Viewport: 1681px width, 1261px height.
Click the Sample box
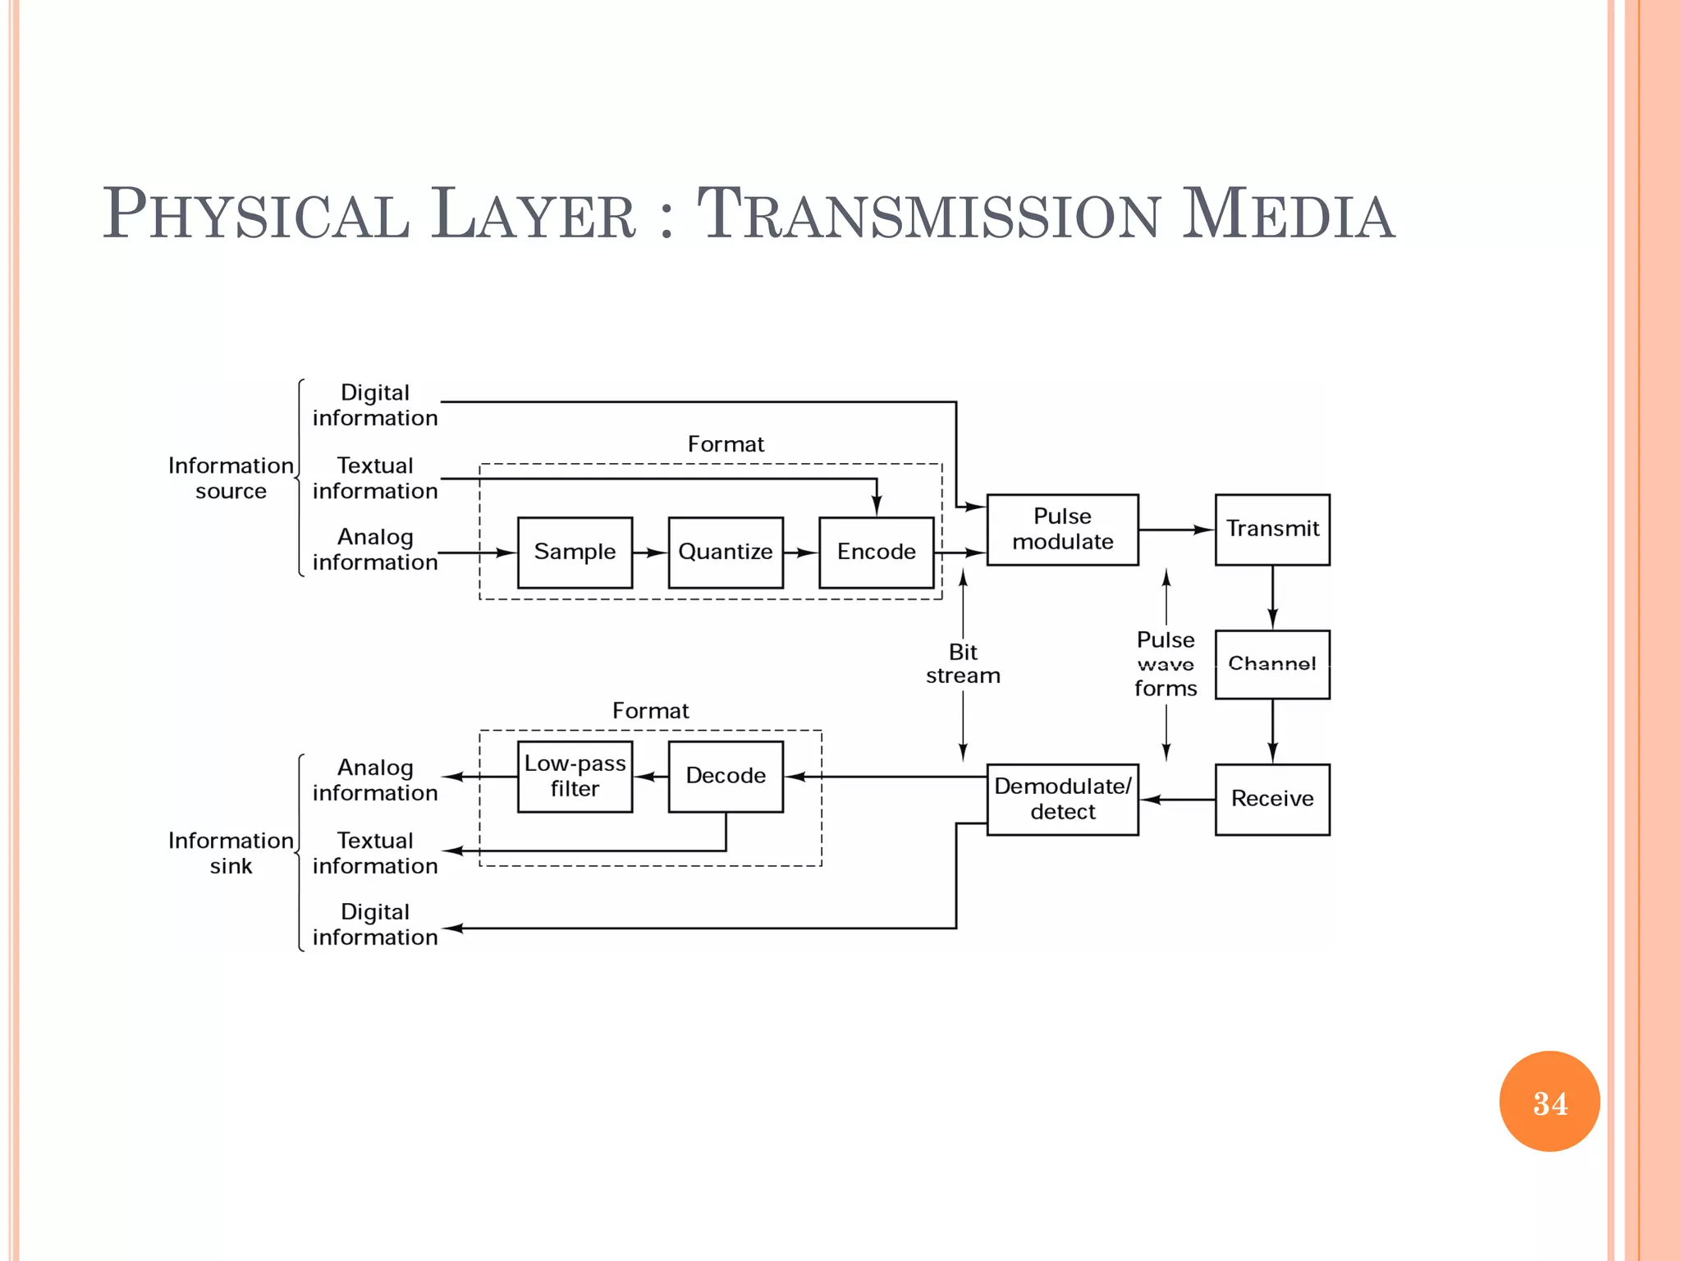coord(575,552)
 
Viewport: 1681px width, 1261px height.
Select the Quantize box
coord(726,552)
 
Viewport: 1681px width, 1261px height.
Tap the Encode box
coord(876,552)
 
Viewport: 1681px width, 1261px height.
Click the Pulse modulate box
coord(1062,530)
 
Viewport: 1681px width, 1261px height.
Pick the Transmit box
coord(1272,530)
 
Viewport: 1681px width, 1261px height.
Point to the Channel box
coord(1272,664)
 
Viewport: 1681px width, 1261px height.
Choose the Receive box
coord(1272,799)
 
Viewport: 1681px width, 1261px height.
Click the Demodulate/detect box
coord(1062,799)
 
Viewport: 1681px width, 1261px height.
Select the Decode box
coord(726,776)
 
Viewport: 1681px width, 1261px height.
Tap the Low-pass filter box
coord(575,776)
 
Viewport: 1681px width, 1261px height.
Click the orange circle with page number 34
coord(1549,1101)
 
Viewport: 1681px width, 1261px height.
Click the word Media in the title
coord(1288,215)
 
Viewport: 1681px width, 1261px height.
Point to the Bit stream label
coord(963,663)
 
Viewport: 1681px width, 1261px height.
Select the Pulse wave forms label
coord(1166,663)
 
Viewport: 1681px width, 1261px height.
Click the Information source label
coord(231,478)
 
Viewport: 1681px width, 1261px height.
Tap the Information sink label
coord(231,853)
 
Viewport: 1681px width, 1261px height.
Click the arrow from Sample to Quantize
coord(650,553)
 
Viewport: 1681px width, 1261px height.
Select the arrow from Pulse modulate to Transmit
coord(1176,530)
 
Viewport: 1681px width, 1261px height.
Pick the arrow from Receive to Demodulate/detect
coord(1177,800)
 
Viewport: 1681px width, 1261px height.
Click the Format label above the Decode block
coord(650,710)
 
